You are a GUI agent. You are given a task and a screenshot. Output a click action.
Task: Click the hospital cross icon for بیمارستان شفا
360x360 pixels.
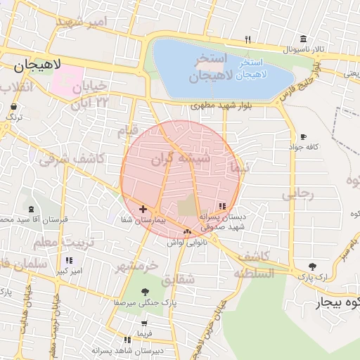point(143,209)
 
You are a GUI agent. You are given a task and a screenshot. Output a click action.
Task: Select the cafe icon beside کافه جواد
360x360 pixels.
point(303,136)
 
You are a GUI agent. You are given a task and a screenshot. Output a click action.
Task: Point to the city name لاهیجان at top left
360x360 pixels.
point(37,65)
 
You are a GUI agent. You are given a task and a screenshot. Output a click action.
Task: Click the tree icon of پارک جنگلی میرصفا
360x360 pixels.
point(145,291)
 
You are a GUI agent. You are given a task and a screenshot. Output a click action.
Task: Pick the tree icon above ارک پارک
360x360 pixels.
point(312,266)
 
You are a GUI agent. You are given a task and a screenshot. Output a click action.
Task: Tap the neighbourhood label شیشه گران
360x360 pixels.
point(181,159)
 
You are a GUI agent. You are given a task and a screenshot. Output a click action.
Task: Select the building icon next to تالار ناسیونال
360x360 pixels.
point(303,39)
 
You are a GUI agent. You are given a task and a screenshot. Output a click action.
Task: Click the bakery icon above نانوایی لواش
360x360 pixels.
point(186,232)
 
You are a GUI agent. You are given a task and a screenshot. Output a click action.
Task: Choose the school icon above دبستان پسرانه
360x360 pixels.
point(222,206)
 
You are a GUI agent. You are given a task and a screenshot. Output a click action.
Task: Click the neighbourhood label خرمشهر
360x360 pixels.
point(136,266)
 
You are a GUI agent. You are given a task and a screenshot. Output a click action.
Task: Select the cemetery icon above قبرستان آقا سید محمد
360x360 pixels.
point(31,209)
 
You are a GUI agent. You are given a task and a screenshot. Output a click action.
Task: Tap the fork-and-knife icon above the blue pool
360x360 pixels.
point(247,41)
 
